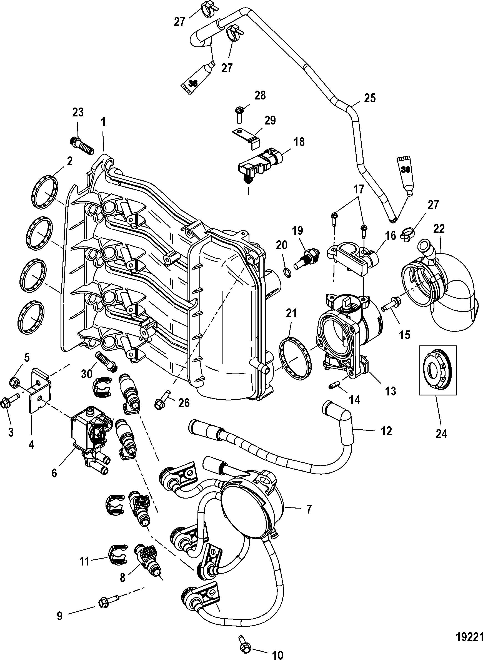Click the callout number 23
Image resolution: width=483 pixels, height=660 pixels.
pos(78,112)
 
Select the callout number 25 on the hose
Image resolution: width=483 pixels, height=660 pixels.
pos(370,98)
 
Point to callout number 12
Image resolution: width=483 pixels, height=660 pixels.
pos(387,431)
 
